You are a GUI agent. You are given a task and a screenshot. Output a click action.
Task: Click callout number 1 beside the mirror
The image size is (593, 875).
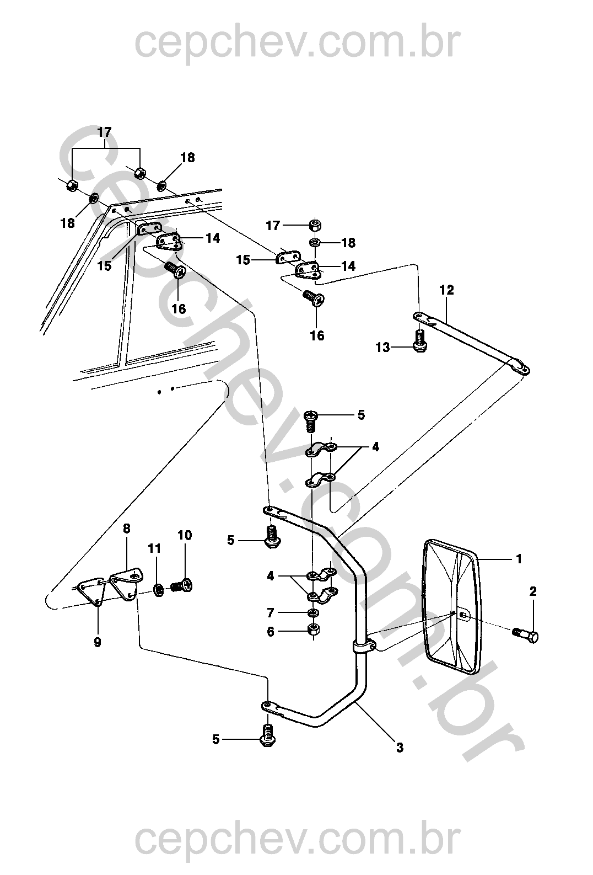(x=519, y=559)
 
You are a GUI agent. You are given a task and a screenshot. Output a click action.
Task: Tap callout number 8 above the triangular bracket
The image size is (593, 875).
(x=126, y=529)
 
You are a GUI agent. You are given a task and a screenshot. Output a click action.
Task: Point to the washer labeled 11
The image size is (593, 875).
(x=159, y=589)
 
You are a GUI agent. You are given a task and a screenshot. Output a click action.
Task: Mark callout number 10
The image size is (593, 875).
(x=185, y=535)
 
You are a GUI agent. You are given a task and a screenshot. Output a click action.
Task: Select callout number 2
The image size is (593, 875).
(x=533, y=591)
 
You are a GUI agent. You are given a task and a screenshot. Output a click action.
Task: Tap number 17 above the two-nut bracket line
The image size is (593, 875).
(x=104, y=132)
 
